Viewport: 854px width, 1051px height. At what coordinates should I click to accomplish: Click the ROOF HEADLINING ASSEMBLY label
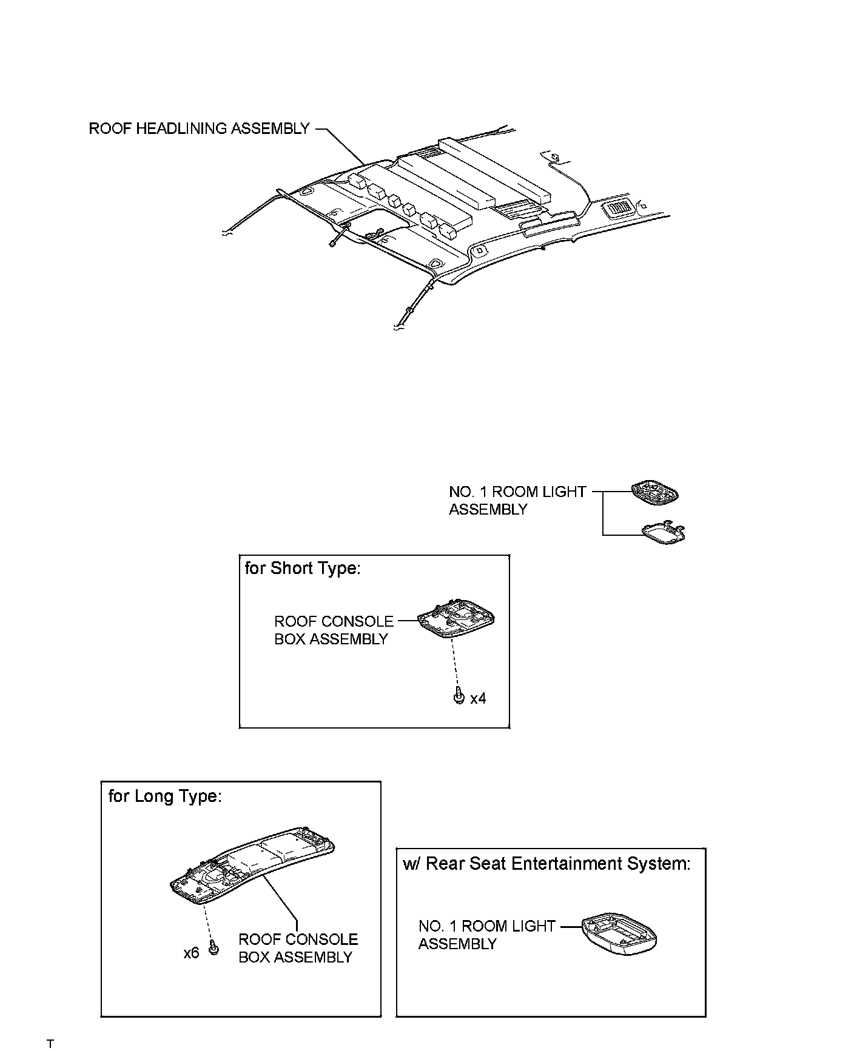coord(199,128)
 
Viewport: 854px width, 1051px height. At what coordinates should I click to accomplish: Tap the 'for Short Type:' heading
coord(302,569)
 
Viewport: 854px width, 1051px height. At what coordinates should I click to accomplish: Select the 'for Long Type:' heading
coord(165,796)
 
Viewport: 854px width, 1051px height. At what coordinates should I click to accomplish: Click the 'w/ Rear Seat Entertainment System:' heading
coord(546,863)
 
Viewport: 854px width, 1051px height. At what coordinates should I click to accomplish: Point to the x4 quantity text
coord(478,699)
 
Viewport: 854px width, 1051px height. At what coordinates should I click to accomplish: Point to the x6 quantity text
coord(191,953)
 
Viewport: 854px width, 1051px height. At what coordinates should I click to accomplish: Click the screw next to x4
coord(459,697)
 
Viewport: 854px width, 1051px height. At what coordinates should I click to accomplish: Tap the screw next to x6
coord(213,949)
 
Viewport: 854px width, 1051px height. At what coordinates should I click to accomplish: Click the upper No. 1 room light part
coord(654,492)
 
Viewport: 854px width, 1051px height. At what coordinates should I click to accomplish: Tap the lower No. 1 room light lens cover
coord(664,532)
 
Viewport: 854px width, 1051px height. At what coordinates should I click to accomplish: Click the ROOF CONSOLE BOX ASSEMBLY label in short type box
coord(333,630)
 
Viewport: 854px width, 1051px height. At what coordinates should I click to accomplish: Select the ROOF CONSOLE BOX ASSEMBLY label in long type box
coord(298,948)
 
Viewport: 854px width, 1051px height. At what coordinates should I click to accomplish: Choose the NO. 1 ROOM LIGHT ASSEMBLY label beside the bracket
coord(517,501)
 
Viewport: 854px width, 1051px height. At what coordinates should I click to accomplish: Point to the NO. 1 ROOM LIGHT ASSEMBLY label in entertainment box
coord(486,935)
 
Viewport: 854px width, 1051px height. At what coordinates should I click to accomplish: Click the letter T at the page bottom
coord(50,1043)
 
